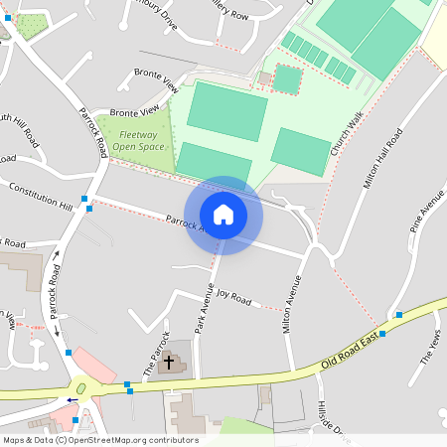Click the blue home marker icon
tap(223, 215)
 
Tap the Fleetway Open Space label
tap(138, 140)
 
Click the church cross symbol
tap(169, 363)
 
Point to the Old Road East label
tap(351, 354)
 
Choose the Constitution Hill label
tap(41, 196)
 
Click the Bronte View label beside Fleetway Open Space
tap(135, 111)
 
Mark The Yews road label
tap(430, 347)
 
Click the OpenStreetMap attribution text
tap(99, 440)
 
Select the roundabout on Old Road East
tap(80, 388)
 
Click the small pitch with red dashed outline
tap(287, 79)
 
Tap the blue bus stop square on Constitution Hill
tap(89, 209)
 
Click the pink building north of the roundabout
tap(99, 365)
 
